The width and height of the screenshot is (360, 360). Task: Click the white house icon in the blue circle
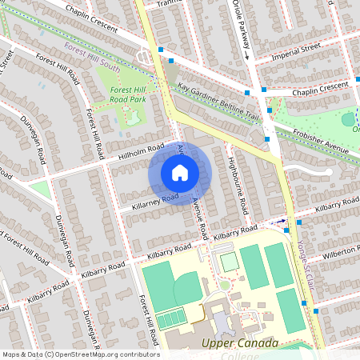pos(180,172)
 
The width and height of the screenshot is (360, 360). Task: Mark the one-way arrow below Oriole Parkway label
pos(247,56)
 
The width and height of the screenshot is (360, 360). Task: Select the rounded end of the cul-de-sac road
pos(327,171)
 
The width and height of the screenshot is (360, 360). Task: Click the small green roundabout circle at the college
pos(225,285)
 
